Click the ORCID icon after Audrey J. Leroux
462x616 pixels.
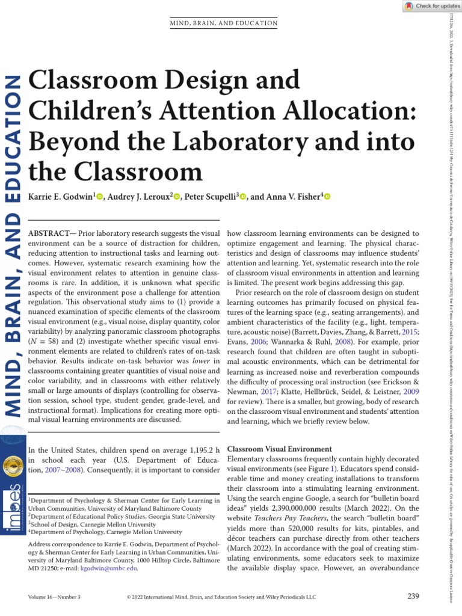pos(176,197)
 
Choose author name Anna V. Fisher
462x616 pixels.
pos(291,197)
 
